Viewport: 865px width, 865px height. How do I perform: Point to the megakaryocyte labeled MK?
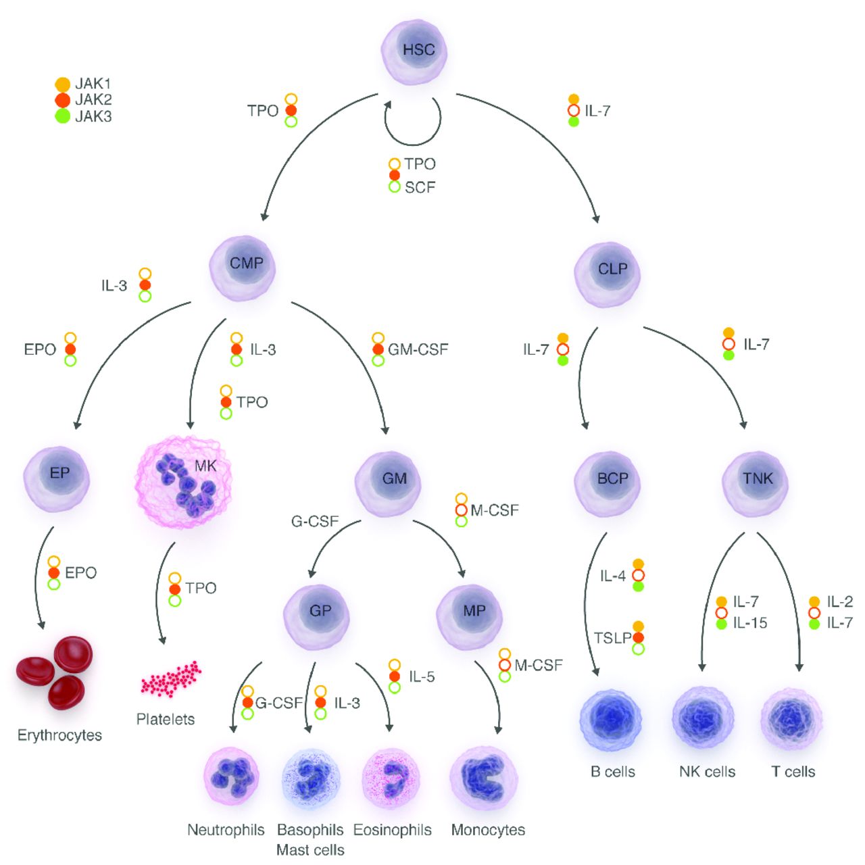tap(184, 481)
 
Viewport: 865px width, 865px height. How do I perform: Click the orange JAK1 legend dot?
tap(62, 84)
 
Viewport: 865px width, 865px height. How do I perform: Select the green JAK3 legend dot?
tap(62, 116)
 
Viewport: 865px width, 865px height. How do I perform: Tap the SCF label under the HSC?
tap(420, 187)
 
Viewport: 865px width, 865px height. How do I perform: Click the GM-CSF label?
tap(418, 349)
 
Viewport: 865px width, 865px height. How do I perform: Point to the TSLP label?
tap(612, 638)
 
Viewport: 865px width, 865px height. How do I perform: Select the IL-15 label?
tap(750, 623)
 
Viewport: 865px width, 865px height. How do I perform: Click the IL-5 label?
tap(422, 676)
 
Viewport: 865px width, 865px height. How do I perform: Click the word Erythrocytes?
tap(59, 735)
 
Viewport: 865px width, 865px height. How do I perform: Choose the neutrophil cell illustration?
tap(231, 777)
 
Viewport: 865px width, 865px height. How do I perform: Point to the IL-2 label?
tap(840, 601)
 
